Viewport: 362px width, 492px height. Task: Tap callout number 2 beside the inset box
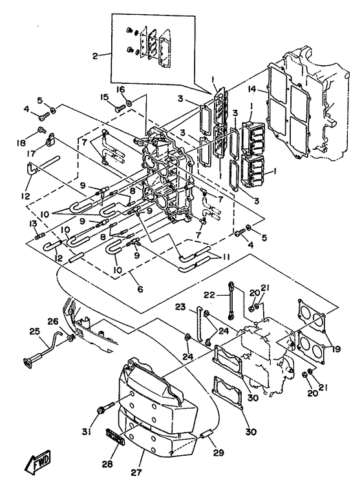[95, 56]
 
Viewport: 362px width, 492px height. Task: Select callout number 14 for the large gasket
[251, 89]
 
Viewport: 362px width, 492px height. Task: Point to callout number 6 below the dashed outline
[140, 289]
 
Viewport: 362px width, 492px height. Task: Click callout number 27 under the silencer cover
[136, 472]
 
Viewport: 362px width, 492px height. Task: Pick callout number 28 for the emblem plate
[107, 464]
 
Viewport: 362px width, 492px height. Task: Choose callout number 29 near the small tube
[218, 453]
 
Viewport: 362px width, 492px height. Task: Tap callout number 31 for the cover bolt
[87, 432]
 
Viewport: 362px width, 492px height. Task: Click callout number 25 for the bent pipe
[34, 331]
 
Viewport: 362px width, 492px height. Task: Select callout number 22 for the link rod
[209, 295]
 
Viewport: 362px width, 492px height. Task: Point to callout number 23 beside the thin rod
[180, 307]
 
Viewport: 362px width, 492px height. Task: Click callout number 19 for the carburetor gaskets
[336, 349]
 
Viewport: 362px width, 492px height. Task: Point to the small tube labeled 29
[204, 436]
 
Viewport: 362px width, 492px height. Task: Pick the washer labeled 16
[129, 103]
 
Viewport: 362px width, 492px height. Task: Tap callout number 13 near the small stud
[33, 223]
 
